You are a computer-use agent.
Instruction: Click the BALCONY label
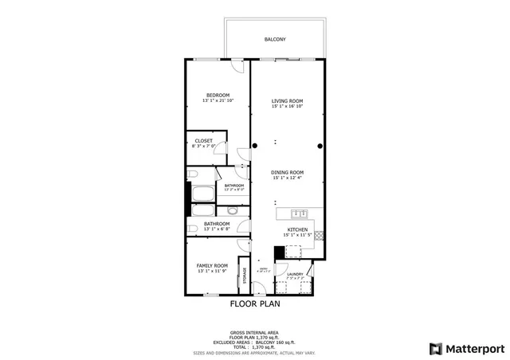coord(275,39)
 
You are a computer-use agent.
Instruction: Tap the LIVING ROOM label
coord(287,101)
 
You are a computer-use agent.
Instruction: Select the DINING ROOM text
coord(287,173)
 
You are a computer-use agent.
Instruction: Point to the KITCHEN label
coord(297,229)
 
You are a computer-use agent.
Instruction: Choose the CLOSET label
coord(203,141)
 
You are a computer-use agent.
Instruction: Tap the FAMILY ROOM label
coord(212,265)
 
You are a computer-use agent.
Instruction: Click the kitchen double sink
coord(300,213)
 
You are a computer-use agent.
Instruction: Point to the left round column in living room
coord(255,146)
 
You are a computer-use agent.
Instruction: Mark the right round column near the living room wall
coord(320,146)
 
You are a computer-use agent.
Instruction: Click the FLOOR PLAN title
coord(255,303)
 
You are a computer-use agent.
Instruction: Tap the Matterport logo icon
coord(434,348)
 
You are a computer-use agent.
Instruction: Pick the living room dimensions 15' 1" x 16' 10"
coord(287,107)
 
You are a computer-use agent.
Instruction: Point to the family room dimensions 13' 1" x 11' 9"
coord(212,271)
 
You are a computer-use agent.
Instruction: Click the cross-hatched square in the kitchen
coord(320,236)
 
